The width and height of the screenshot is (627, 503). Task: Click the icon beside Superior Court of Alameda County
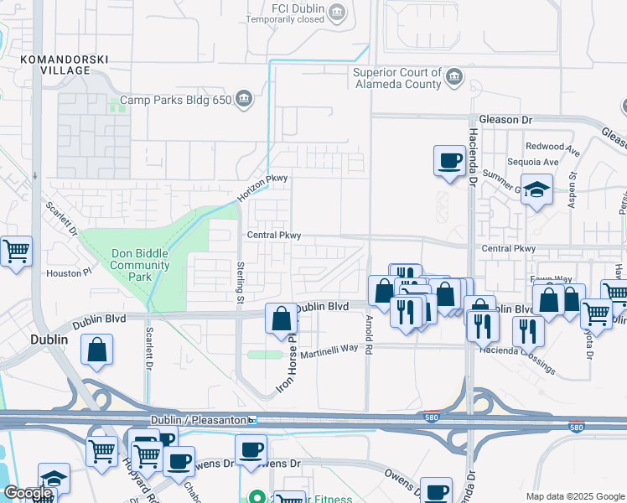[x=453, y=78]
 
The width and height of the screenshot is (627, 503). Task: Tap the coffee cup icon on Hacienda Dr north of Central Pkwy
[x=449, y=160]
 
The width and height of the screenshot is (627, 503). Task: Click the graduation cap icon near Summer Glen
[x=536, y=189]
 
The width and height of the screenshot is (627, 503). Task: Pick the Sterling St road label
[x=240, y=281]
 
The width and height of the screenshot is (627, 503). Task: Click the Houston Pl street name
[x=69, y=273]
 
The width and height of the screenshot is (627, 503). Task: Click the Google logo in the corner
[x=27, y=493]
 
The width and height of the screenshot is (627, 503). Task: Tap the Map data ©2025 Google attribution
[x=574, y=495]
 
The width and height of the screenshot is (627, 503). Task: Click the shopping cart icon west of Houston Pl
[x=15, y=251]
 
